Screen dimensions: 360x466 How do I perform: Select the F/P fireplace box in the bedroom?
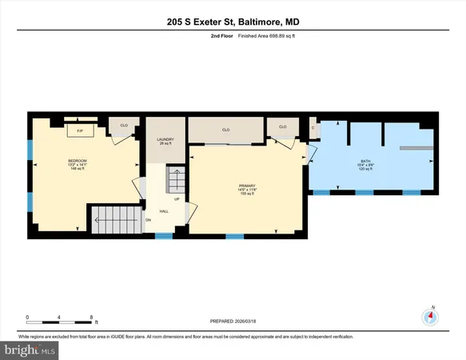click(x=79, y=130)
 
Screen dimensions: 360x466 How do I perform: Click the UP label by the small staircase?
click(x=176, y=199)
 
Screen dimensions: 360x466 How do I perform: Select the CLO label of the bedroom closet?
click(x=124, y=126)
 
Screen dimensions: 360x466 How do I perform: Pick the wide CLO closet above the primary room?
click(x=226, y=130)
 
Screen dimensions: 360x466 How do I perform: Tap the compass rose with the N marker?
click(x=432, y=316)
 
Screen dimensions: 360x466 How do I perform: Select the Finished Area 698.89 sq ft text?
click(x=250, y=36)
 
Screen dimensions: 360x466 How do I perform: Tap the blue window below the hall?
click(x=164, y=235)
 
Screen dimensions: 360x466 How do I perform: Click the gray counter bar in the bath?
click(x=416, y=148)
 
